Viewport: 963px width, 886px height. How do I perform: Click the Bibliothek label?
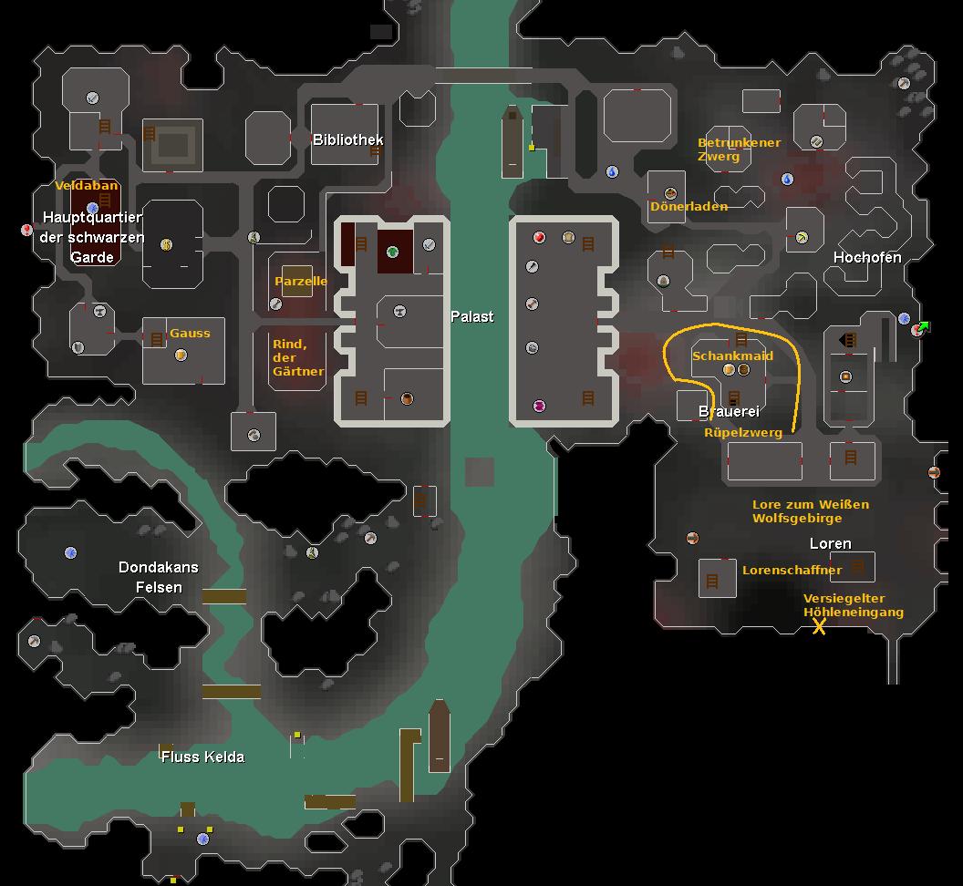pyautogui.click(x=347, y=139)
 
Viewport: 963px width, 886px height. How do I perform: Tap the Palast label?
pyautogui.click(x=472, y=316)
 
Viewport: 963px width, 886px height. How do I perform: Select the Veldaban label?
pyautogui.click(x=87, y=185)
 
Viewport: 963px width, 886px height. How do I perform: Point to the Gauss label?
pyautogui.click(x=190, y=333)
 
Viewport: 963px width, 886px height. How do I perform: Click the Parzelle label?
pyautogui.click(x=301, y=281)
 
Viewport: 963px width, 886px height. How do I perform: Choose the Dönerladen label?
pyautogui.click(x=689, y=206)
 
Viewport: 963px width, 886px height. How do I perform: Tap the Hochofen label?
pyautogui.click(x=866, y=257)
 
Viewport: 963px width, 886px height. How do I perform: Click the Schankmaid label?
pyautogui.click(x=732, y=355)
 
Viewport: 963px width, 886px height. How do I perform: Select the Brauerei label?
pyautogui.click(x=729, y=412)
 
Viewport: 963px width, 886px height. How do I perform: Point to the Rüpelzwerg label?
pyautogui.click(x=743, y=433)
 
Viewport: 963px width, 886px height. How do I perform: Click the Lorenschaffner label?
pyautogui.click(x=792, y=570)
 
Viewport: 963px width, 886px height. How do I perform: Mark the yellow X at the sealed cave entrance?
pyautogui.click(x=819, y=626)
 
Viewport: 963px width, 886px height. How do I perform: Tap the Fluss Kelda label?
pyautogui.click(x=202, y=757)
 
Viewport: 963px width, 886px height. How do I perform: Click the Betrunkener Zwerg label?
pyautogui.click(x=739, y=149)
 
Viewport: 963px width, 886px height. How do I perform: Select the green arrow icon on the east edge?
pyautogui.click(x=925, y=326)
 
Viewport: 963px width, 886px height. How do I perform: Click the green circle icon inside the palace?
pyautogui.click(x=392, y=252)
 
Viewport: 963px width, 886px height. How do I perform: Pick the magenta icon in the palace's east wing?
pyautogui.click(x=539, y=406)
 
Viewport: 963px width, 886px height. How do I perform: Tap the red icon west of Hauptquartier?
pyautogui.click(x=26, y=231)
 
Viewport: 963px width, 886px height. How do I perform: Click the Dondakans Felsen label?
pyautogui.click(x=159, y=577)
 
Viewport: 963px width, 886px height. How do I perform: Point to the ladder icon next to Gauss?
pyautogui.click(x=157, y=339)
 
